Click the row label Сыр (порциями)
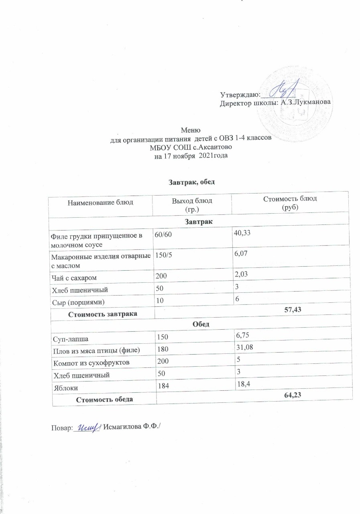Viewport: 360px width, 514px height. click(77, 300)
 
